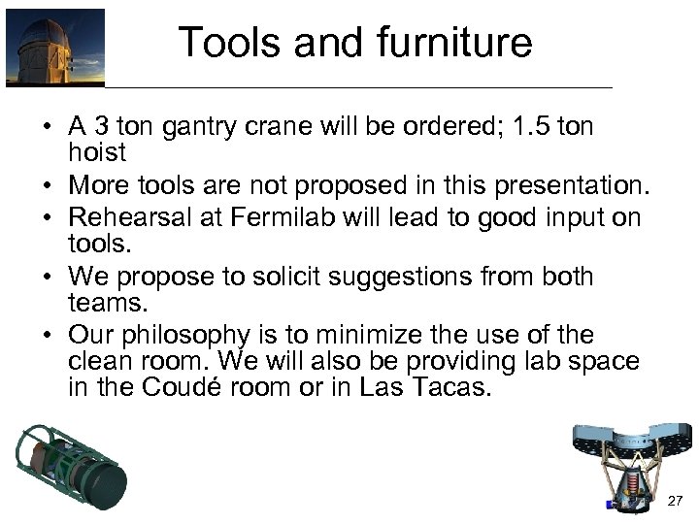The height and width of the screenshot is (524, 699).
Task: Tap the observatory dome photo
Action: [54, 48]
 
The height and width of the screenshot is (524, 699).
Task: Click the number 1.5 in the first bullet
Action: [530, 128]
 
